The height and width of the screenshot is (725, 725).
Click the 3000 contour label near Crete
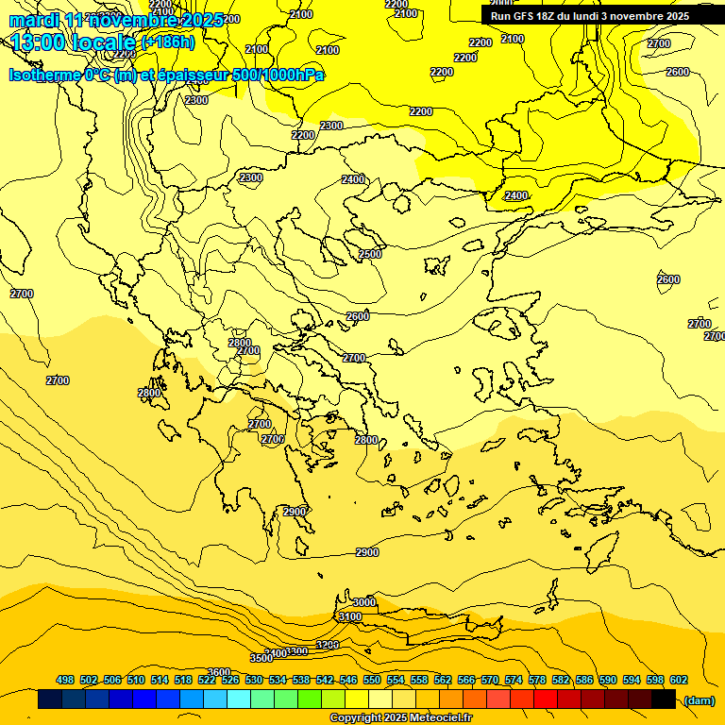(x=363, y=602)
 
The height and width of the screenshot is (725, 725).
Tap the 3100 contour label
(x=349, y=616)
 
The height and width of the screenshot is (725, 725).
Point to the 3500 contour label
(x=261, y=657)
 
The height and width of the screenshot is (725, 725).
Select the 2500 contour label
(x=370, y=254)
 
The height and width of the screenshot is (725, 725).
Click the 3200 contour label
(x=327, y=645)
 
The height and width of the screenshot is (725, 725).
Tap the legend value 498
(x=65, y=680)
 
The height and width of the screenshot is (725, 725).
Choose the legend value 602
(x=678, y=680)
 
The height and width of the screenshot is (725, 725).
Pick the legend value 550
(x=372, y=680)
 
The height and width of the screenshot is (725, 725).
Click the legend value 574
(x=514, y=680)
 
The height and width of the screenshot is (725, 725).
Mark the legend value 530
(x=254, y=680)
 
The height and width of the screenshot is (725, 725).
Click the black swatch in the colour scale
(x=664, y=700)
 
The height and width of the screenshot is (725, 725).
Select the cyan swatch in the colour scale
(x=239, y=700)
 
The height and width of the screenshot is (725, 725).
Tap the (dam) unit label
(x=700, y=700)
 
